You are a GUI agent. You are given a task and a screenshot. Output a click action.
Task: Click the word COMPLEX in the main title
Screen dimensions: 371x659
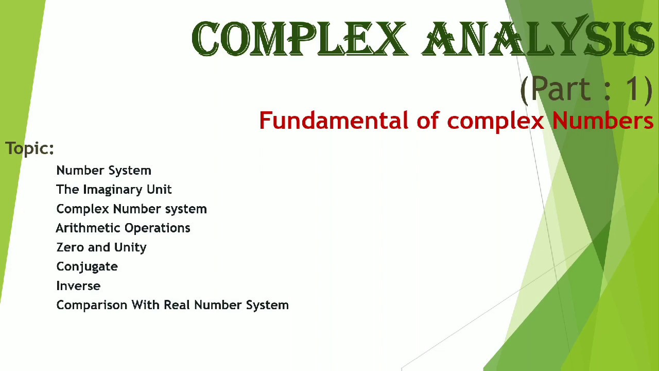299,39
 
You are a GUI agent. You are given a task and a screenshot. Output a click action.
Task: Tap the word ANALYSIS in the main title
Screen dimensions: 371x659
538,39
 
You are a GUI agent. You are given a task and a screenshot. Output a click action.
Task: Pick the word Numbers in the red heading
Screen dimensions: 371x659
603,121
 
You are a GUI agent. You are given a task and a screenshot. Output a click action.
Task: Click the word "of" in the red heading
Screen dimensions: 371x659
427,121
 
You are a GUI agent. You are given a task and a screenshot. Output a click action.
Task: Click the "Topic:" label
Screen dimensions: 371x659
29,148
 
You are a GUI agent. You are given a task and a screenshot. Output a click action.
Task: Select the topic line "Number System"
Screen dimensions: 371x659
103,171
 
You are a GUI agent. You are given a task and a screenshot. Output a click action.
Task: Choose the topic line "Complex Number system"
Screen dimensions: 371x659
131,209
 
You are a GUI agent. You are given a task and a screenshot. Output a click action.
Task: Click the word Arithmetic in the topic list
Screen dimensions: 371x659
88,228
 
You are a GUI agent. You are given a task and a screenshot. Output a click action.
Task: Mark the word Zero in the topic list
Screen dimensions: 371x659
71,247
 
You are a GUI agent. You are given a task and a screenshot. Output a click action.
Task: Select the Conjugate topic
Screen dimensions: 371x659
87,267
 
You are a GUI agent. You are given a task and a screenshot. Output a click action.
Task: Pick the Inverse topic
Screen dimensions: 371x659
78,286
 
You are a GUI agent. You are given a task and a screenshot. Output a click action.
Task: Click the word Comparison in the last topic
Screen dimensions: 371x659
92,306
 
